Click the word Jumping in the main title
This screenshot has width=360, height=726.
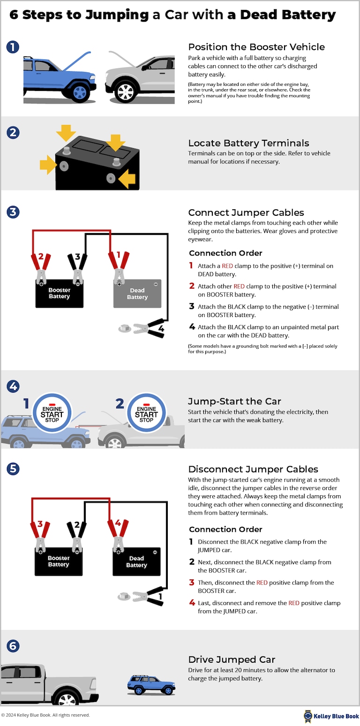(x=118, y=15)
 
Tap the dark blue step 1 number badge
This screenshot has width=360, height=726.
(x=13, y=47)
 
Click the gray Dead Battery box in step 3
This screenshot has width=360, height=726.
(x=137, y=294)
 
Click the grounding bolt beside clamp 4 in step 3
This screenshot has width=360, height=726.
(x=125, y=329)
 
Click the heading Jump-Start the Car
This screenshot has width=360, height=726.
(x=234, y=401)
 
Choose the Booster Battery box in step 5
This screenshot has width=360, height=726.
(x=59, y=561)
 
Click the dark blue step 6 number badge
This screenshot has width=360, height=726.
(x=13, y=646)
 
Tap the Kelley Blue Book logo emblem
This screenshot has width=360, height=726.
(x=308, y=716)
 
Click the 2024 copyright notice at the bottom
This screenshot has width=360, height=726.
(x=45, y=715)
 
